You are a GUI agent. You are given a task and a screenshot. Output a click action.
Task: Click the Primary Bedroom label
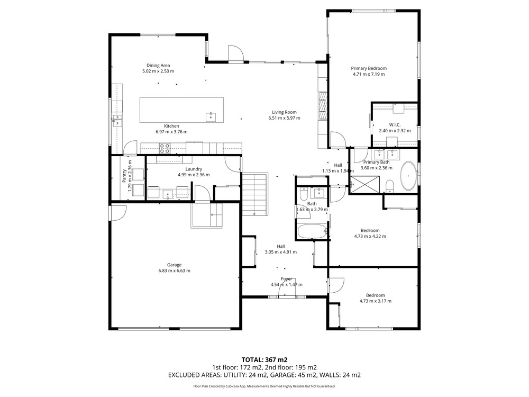[369, 68]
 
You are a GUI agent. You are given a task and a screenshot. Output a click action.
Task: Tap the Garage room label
[174, 265]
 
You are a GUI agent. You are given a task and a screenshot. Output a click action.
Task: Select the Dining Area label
[158, 66]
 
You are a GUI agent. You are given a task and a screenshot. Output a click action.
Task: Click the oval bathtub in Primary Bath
[408, 176]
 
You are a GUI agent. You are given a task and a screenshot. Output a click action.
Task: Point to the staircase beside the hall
[255, 194]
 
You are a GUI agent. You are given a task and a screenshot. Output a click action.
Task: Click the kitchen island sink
[211, 117]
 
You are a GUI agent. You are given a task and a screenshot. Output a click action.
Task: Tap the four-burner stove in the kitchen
[165, 149]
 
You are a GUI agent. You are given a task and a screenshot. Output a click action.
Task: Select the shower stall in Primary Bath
[364, 185]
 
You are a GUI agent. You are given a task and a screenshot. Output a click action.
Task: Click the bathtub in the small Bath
[312, 232]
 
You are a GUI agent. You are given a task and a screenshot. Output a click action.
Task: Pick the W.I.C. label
[395, 125]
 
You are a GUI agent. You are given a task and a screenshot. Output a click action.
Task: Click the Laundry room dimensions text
[194, 175]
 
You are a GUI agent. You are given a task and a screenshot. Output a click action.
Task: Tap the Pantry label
[124, 176]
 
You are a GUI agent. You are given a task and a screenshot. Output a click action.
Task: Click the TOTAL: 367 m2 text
[264, 360]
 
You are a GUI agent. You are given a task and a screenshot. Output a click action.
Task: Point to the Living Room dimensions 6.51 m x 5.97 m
[284, 118]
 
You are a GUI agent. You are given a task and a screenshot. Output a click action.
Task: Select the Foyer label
[286, 279]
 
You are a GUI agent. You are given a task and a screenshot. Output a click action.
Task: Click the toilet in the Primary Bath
[390, 186]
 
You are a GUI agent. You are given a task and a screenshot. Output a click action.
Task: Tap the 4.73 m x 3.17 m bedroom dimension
[375, 301]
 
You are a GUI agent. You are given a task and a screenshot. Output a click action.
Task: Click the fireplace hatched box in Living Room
[323, 105]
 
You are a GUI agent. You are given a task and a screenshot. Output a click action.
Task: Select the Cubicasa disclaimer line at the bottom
[264, 386]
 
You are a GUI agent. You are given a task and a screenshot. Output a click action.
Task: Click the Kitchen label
[171, 126]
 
